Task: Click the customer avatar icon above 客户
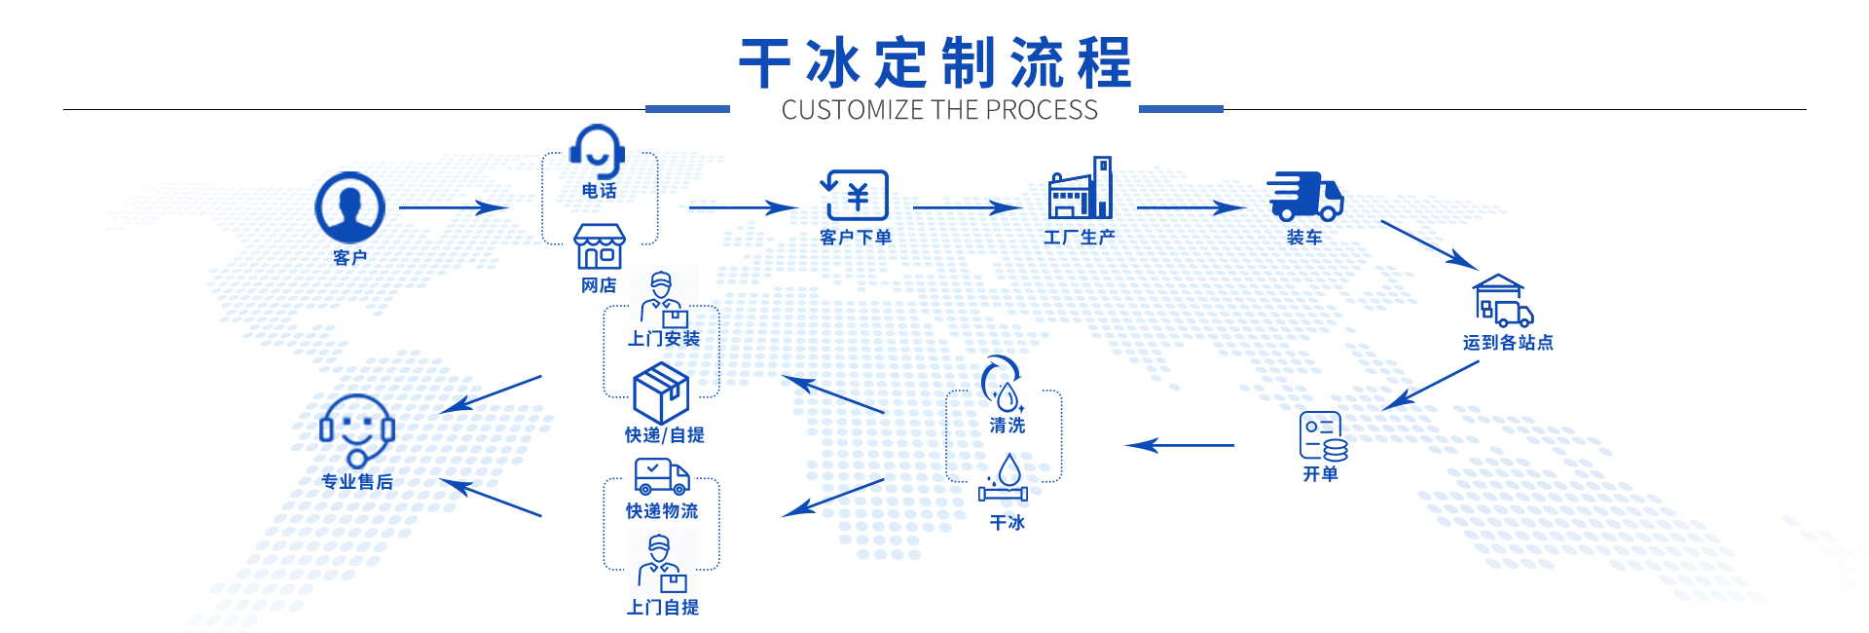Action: click(350, 207)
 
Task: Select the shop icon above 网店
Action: click(600, 246)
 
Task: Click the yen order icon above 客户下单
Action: click(856, 195)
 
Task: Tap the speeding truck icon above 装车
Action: click(1304, 197)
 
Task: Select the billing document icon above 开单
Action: click(1322, 435)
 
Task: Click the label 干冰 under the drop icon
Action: click(1008, 522)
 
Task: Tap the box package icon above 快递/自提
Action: click(661, 392)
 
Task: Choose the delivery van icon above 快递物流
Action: click(662, 476)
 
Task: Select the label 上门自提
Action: click(663, 608)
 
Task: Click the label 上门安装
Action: click(664, 339)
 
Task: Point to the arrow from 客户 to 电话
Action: click(454, 207)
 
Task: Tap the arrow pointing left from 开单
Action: click(1180, 446)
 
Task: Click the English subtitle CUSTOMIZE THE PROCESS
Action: click(939, 110)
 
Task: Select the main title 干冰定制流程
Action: click(935, 63)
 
